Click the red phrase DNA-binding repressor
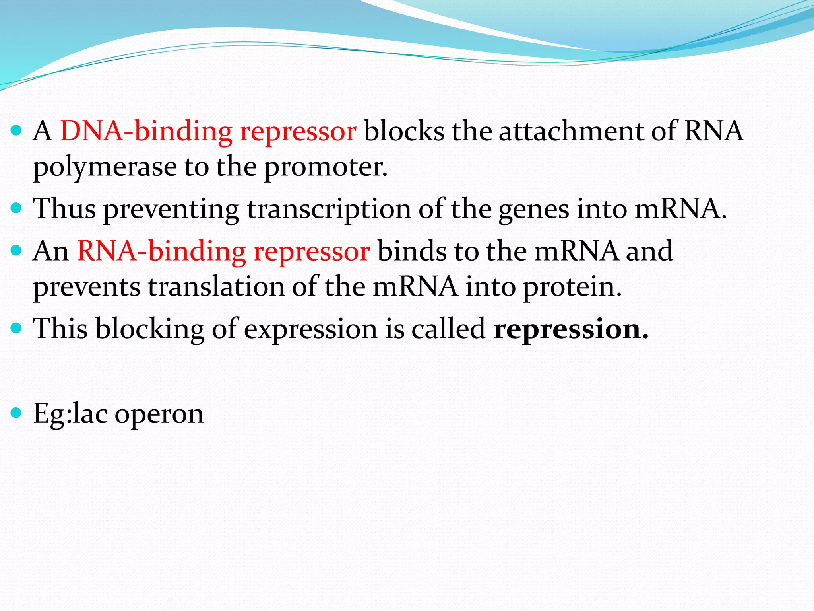point(208,132)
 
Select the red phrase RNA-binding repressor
point(223,252)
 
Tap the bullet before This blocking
point(16,328)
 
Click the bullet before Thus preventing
point(16,208)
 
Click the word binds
point(412,252)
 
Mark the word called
point(448,329)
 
